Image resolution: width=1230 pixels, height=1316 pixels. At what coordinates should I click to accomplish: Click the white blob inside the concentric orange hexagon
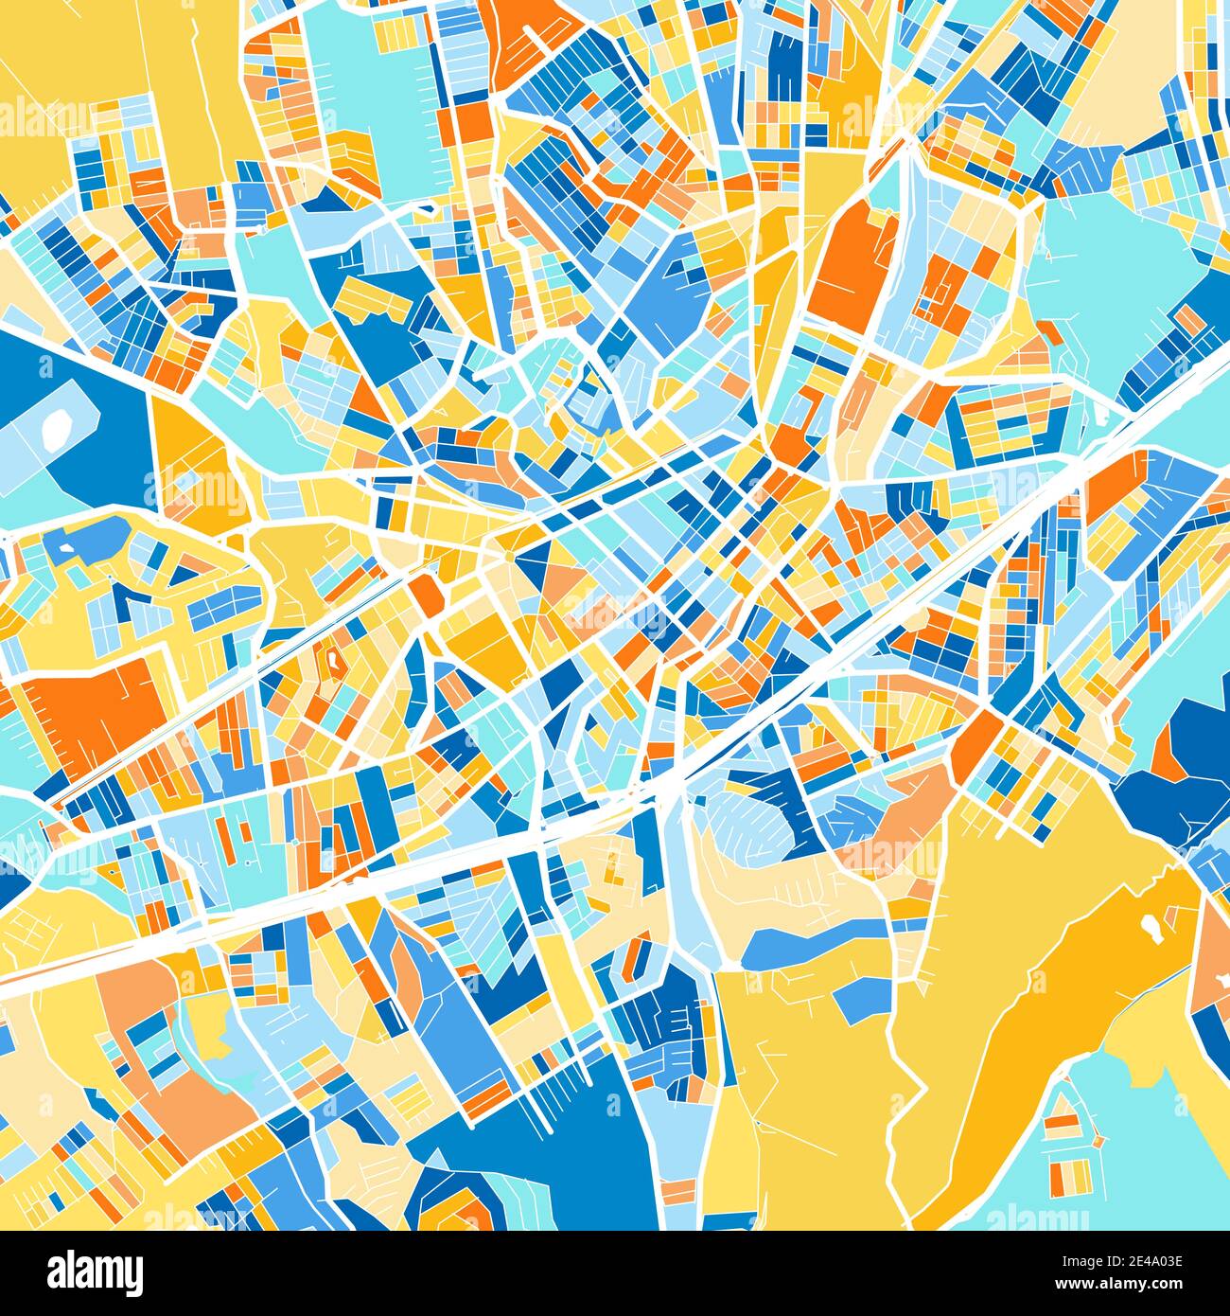[333, 655]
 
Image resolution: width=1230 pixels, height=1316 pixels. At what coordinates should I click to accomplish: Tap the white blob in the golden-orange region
[1152, 929]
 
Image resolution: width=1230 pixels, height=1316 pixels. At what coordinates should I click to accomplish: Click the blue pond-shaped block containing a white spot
[90, 540]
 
